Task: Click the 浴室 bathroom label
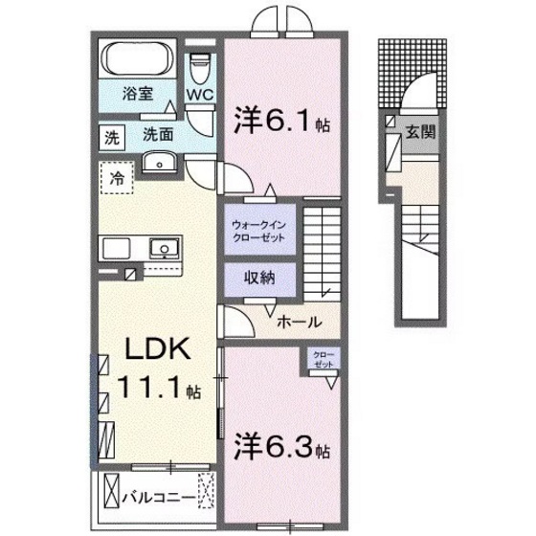coord(138,94)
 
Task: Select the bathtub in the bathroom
coord(138,59)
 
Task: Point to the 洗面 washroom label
coord(158,135)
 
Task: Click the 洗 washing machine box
coord(113,137)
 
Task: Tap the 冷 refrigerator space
coord(117,178)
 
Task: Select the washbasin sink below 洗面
coord(157,163)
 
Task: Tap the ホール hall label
coord(298,323)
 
